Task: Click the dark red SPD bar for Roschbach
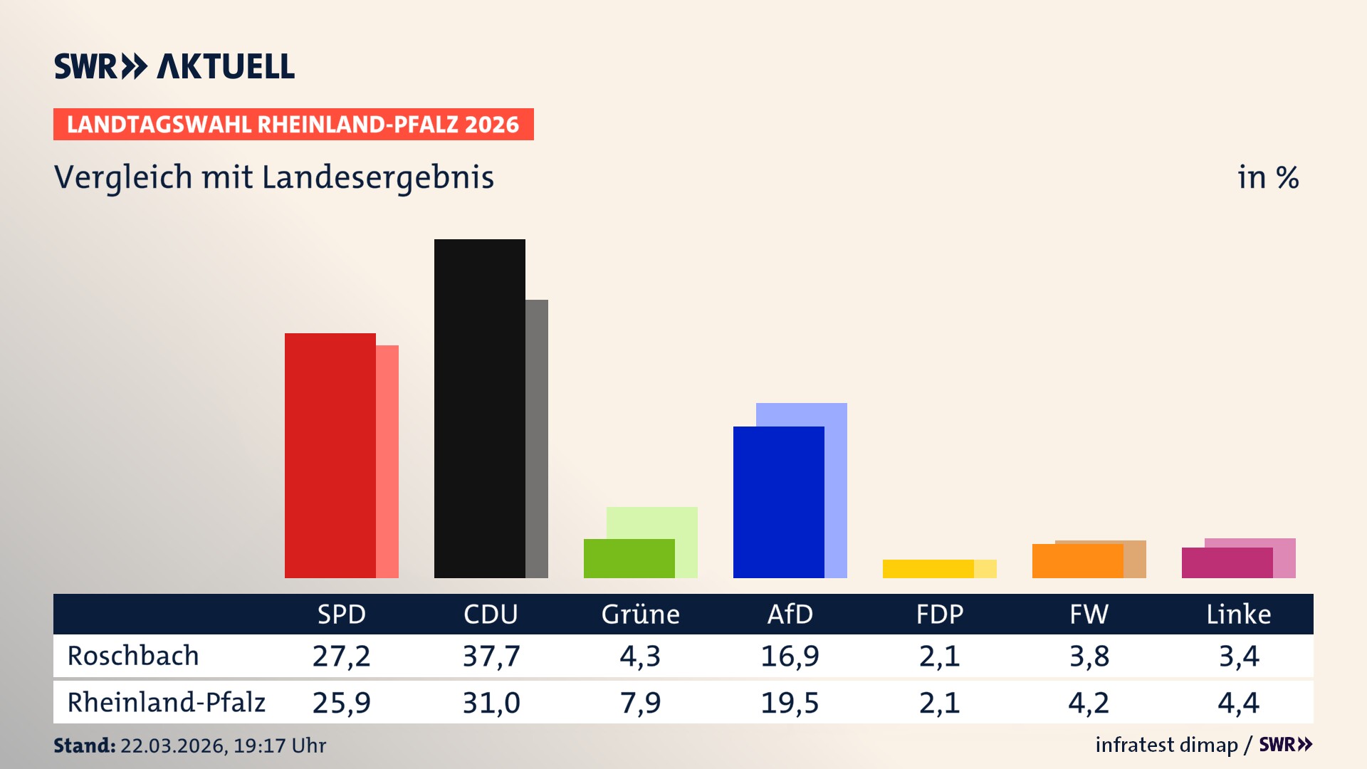[330, 456]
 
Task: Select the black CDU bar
[479, 409]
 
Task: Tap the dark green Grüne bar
[629, 559]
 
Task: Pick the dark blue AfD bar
[778, 503]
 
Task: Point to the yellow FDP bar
[928, 569]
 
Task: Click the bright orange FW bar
[1077, 562]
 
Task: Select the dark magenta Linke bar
[1227, 563]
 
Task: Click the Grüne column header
[640, 614]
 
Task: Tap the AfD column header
[790, 614]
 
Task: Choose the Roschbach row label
[133, 656]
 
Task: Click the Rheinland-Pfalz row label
[166, 703]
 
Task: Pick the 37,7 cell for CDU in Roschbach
[491, 656]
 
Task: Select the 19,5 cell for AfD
[790, 703]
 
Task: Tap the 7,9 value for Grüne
[640, 703]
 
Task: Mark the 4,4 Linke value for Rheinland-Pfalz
[1238, 703]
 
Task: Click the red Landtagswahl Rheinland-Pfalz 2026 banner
[293, 125]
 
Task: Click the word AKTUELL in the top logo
[226, 67]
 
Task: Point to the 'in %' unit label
[1268, 178]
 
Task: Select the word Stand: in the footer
[84, 746]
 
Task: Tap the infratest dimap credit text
[1166, 745]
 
